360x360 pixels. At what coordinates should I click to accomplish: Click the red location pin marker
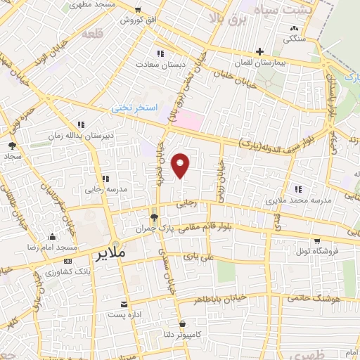click(181, 165)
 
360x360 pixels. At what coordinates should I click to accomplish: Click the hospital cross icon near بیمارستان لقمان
click(259, 52)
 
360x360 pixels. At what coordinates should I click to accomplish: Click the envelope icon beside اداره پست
click(124, 304)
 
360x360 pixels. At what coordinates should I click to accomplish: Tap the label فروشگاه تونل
click(316, 251)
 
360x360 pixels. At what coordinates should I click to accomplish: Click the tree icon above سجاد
click(12, 146)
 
